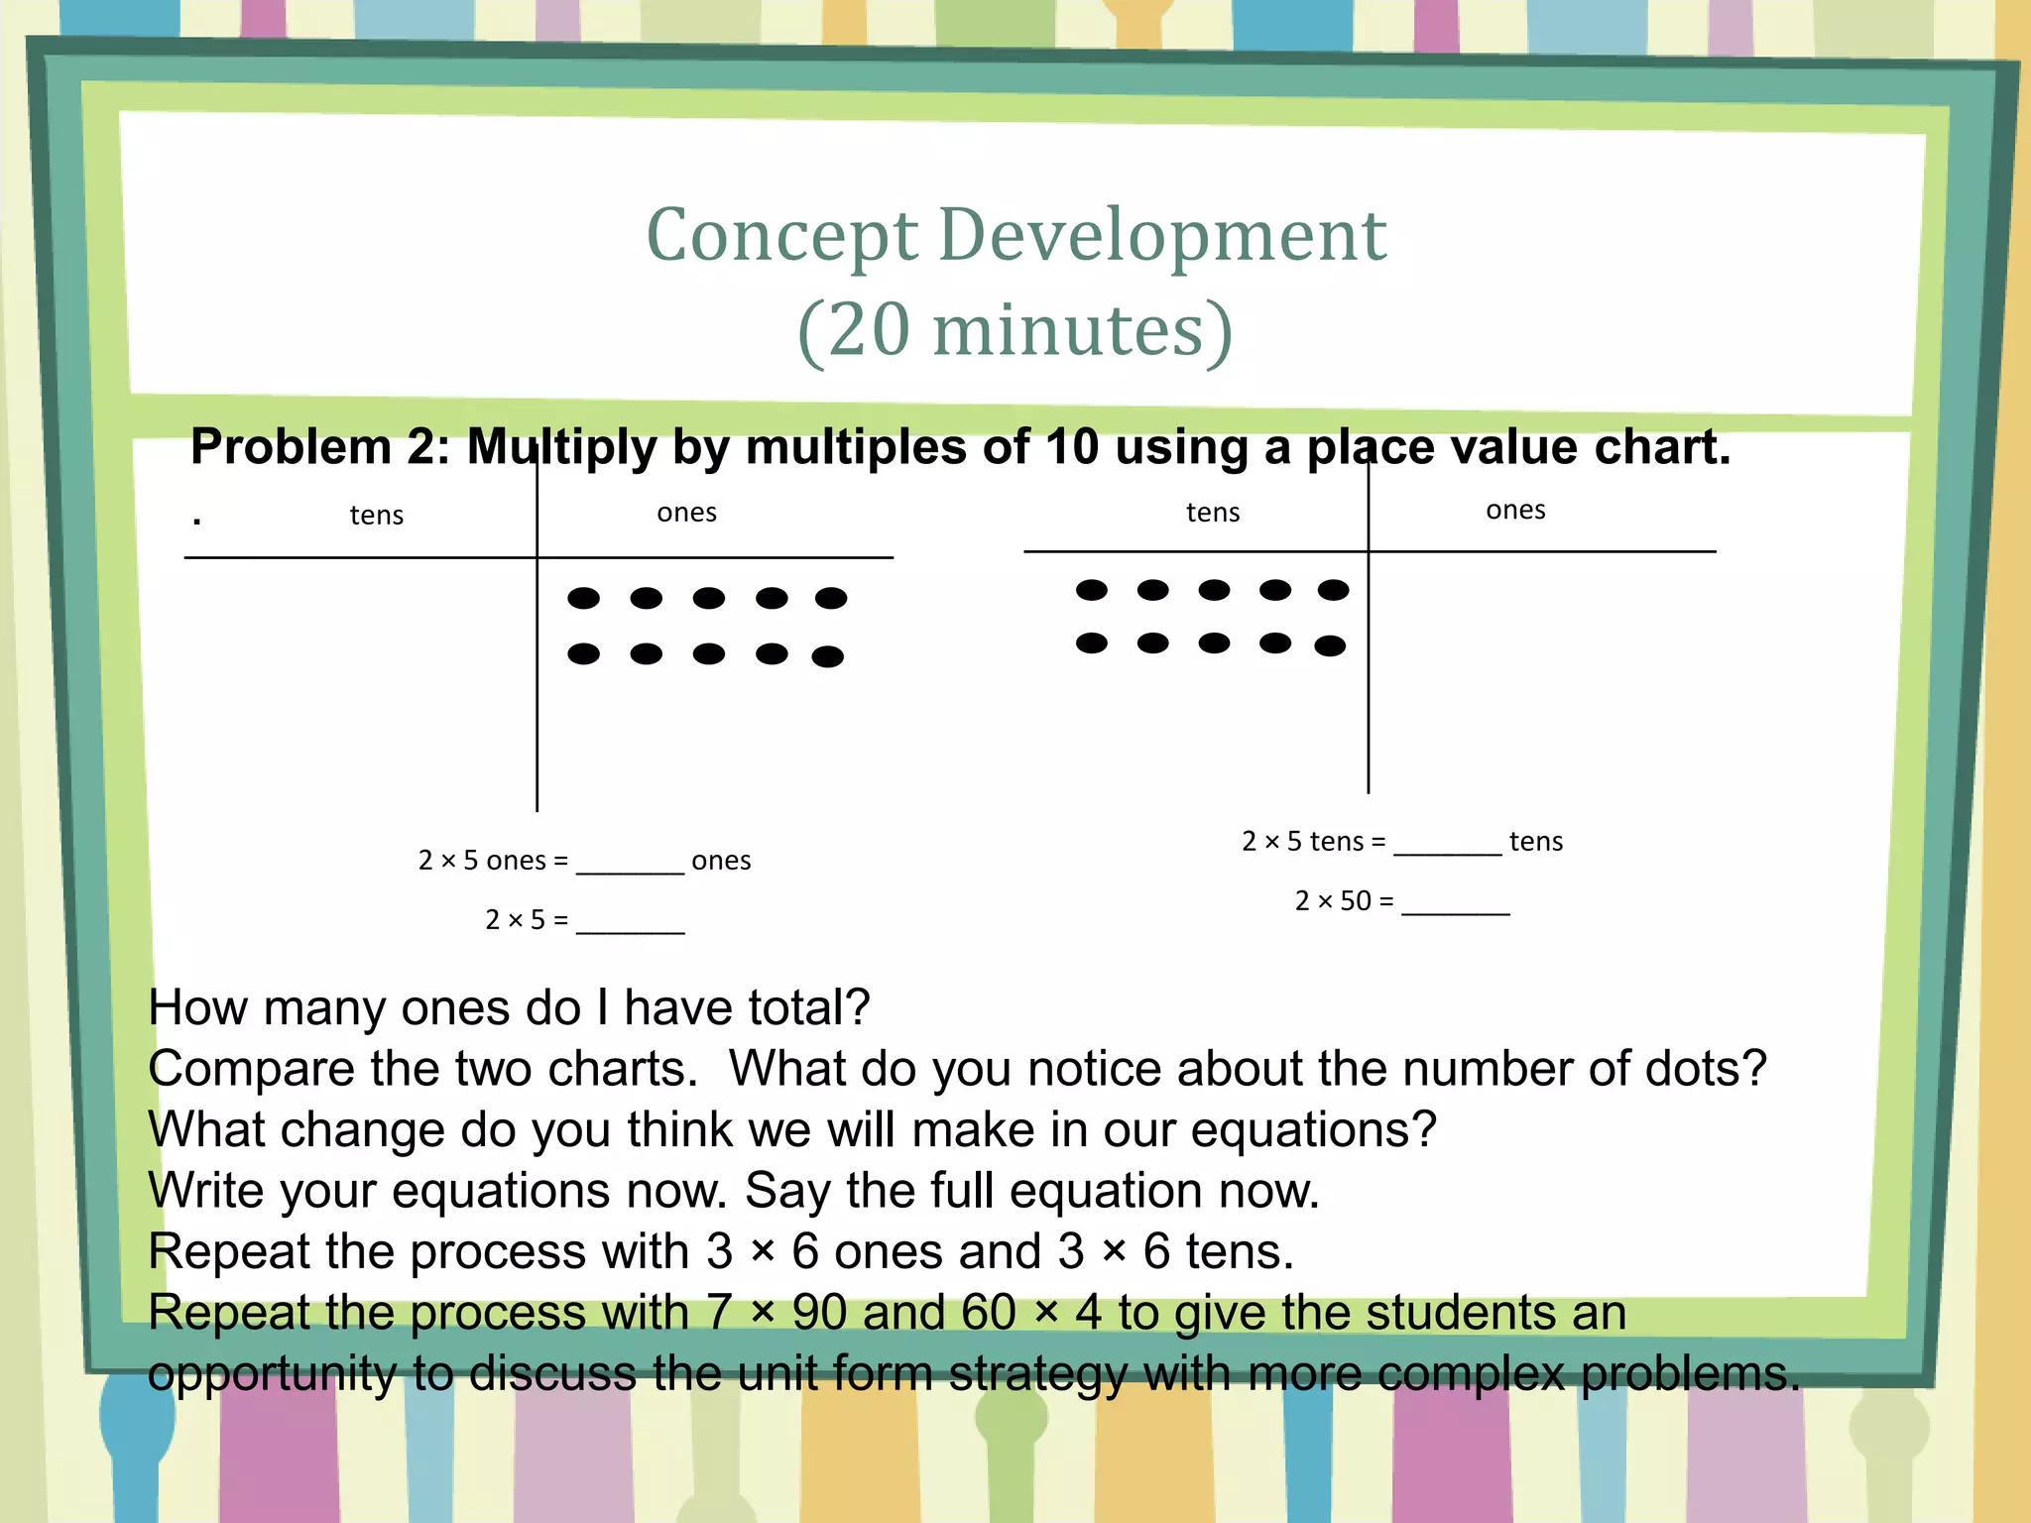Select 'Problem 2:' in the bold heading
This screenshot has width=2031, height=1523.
point(320,447)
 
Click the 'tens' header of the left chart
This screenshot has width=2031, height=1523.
point(377,516)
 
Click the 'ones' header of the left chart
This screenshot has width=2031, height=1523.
point(686,513)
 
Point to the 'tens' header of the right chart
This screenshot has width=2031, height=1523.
point(1213,513)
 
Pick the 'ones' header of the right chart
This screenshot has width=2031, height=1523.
point(1515,510)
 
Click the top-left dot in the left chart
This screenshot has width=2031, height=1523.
point(583,598)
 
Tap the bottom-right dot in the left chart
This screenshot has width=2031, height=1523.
point(827,656)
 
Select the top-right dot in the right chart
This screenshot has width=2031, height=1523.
point(1333,590)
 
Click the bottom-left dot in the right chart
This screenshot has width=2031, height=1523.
point(1091,644)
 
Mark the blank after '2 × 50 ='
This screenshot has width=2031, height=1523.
point(1455,904)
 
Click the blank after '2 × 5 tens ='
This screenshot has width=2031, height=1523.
point(1447,845)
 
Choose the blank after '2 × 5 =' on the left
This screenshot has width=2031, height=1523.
point(630,924)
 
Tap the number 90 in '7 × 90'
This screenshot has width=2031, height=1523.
point(819,1313)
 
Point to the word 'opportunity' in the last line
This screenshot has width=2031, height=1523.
point(272,1374)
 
